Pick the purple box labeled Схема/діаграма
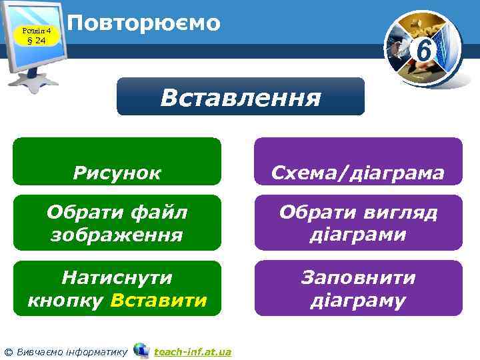[x=358, y=161]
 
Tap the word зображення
[x=117, y=235]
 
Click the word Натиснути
[x=117, y=277]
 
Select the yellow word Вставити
[x=159, y=300]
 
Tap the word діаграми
[x=358, y=235]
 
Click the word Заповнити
[x=358, y=277]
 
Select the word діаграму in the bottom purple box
[x=358, y=300]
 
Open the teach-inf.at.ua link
[x=192, y=351]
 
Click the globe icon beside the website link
[x=141, y=350]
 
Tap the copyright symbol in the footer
[x=7, y=351]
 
